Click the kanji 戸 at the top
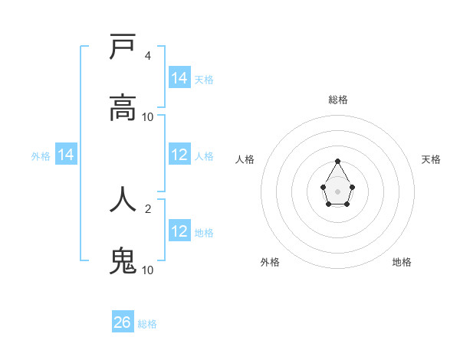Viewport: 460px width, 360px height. (123, 47)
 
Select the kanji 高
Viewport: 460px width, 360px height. (123, 108)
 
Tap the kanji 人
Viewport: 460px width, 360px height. (123, 198)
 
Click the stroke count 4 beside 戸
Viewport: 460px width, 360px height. (147, 56)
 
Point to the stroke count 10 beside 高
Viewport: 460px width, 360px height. (148, 117)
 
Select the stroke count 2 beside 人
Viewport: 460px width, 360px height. (147, 208)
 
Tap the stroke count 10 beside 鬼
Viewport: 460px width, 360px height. (148, 270)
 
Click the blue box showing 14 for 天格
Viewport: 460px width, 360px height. (179, 78)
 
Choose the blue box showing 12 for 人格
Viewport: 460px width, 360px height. (179, 155)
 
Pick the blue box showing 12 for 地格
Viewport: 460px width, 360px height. (179, 231)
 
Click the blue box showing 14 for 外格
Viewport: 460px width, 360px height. (66, 155)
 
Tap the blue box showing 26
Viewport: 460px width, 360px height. (123, 322)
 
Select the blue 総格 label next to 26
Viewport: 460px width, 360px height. (148, 324)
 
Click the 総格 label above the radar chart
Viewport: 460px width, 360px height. (338, 100)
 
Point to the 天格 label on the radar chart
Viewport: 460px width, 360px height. (432, 159)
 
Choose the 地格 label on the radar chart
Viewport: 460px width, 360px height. (402, 262)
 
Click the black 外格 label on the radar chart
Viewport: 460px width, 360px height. (270, 262)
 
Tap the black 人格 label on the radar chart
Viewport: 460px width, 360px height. (245, 159)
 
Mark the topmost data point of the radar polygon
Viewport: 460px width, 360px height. (338, 161)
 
